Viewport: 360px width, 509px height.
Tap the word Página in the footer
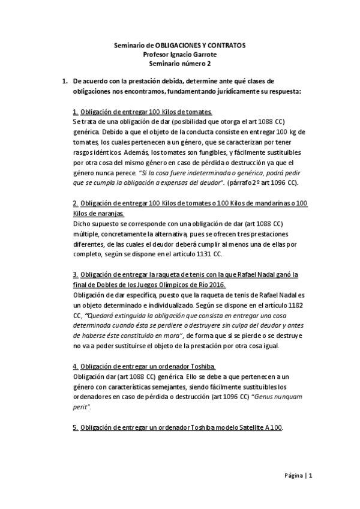click(294, 476)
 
